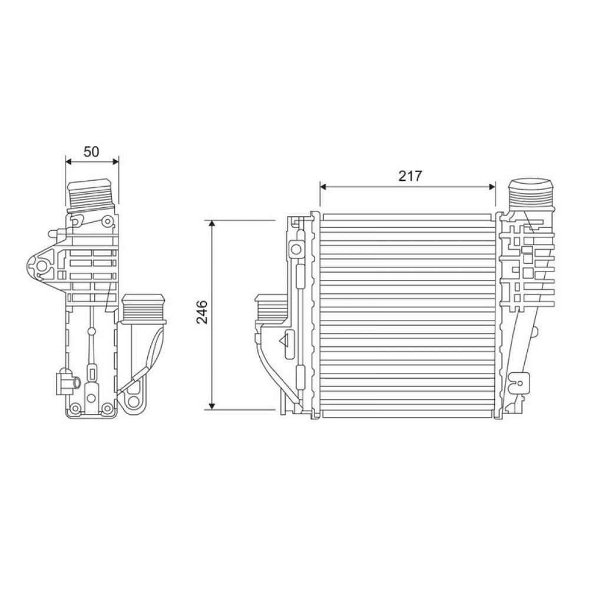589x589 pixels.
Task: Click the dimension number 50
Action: tap(91, 151)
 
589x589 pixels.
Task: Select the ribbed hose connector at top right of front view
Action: tap(532, 194)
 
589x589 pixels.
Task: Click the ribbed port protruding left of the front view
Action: tap(270, 309)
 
